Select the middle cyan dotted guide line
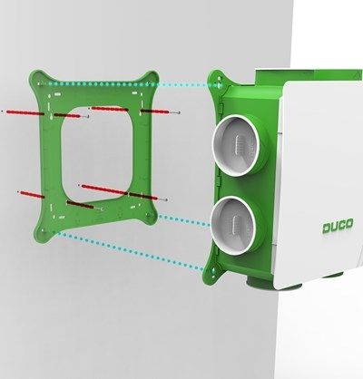(x=181, y=216)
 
